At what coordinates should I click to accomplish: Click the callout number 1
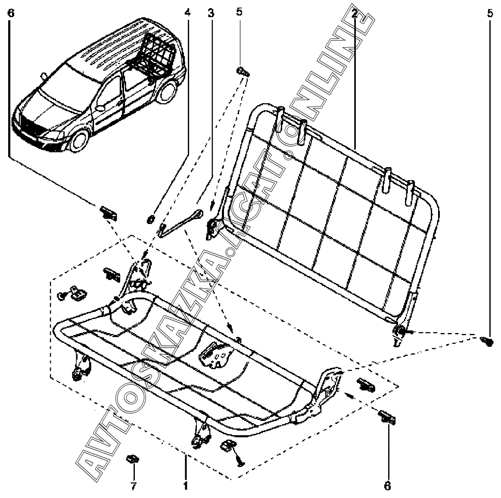click(186, 486)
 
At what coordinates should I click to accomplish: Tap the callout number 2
click(354, 13)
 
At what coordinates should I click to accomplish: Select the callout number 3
click(211, 13)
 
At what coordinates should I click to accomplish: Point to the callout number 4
click(187, 13)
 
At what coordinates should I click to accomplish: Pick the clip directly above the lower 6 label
click(387, 417)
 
